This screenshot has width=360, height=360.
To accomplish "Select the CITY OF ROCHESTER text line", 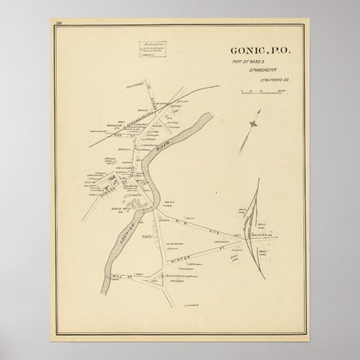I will [260, 72].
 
